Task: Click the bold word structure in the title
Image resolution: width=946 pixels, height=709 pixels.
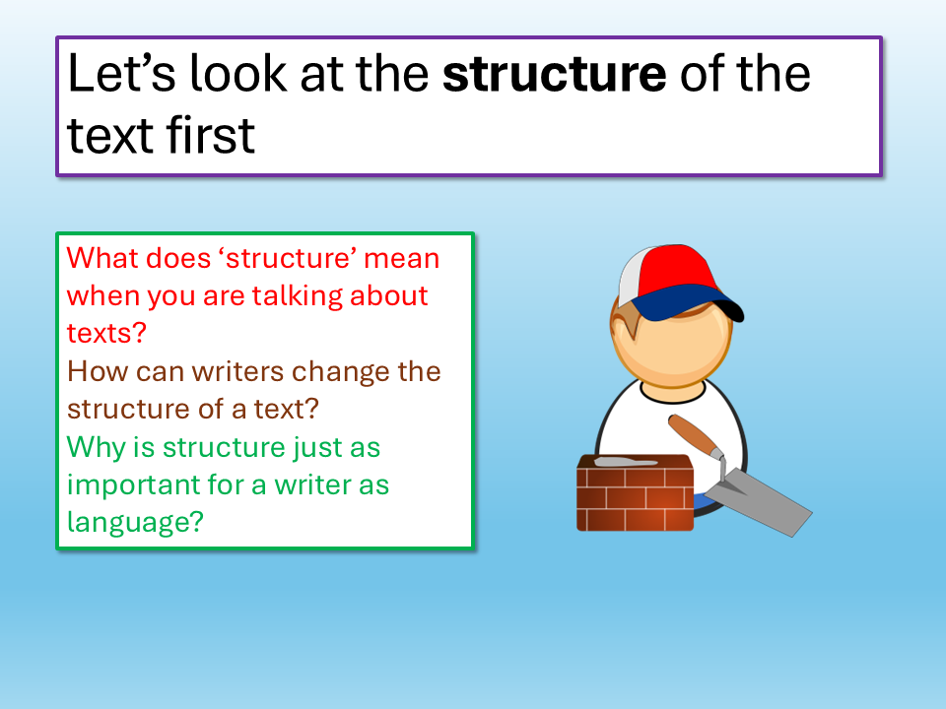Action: pos(555,74)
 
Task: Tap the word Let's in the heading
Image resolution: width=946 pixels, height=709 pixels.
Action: pos(121,73)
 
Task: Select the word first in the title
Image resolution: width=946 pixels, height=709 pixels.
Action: pos(211,135)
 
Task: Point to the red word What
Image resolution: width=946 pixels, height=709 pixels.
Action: pos(101,258)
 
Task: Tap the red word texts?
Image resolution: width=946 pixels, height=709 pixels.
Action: pos(106,334)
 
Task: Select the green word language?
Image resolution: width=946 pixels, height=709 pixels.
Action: pos(135,523)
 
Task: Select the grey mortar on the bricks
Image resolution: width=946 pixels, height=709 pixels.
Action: pos(625,463)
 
